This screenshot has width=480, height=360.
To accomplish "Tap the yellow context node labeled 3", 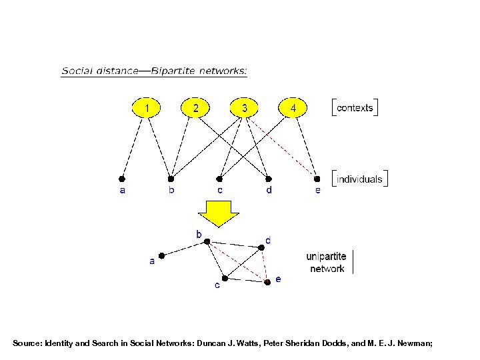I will click(246, 107).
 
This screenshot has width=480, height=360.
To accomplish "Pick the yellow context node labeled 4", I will click(293, 107).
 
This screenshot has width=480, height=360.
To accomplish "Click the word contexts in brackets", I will click(355, 107).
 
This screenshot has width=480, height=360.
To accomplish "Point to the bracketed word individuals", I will click(359, 179).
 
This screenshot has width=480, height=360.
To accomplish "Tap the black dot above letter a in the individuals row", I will click(122, 179).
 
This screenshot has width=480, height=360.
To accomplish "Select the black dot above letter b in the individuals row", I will click(171, 179).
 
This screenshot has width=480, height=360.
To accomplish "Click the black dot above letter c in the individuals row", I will click(220, 179).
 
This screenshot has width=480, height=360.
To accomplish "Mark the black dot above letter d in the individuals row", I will click(269, 179).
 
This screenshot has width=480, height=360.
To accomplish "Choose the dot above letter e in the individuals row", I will click(317, 179).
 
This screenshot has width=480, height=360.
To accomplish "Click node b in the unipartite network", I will click(207, 241).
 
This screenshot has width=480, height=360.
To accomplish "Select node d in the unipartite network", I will click(261, 246).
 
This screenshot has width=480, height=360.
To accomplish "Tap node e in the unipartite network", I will click(267, 282).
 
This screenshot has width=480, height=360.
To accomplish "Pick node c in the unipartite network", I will click(225, 277).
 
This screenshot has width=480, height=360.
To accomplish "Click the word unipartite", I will click(326, 256).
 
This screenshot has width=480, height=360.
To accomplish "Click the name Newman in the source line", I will click(414, 343).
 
